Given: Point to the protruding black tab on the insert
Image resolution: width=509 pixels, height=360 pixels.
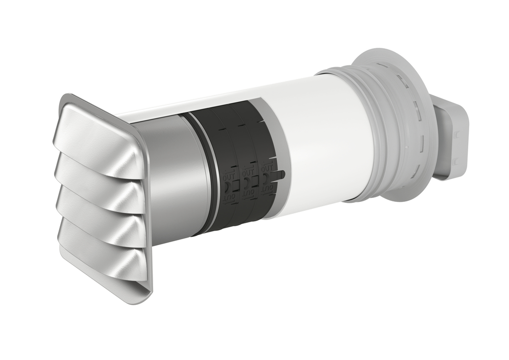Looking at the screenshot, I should (281, 174).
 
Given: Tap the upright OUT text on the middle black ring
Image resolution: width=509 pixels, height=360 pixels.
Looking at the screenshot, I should (248, 172).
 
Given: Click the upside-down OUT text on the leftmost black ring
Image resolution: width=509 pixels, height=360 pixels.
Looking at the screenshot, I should (229, 198).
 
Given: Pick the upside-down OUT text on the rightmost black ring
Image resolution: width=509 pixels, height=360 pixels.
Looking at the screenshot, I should (267, 189).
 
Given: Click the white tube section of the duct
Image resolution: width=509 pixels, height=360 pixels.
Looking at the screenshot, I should (318, 139).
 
